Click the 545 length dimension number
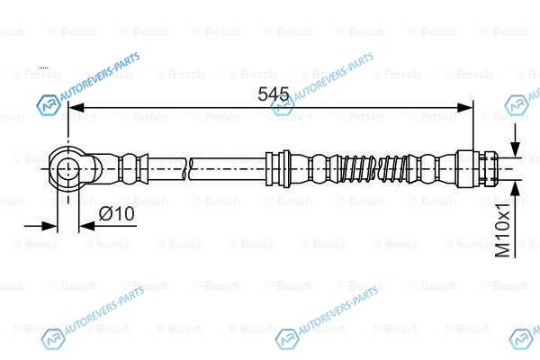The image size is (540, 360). pyautogui.click(x=274, y=94)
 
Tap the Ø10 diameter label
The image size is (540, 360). pyautogui.click(x=117, y=213)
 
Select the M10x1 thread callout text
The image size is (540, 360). pyautogui.click(x=502, y=230)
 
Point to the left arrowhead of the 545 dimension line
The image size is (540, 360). pyautogui.click(x=76, y=107)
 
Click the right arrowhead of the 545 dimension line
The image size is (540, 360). pyautogui.click(x=465, y=107)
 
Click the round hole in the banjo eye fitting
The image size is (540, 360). pyautogui.click(x=68, y=169)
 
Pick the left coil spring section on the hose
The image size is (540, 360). pyautogui.click(x=358, y=169)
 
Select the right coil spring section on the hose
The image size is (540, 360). pyautogui.click(x=395, y=169)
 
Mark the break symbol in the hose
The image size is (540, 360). pyautogui.click(x=188, y=169)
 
